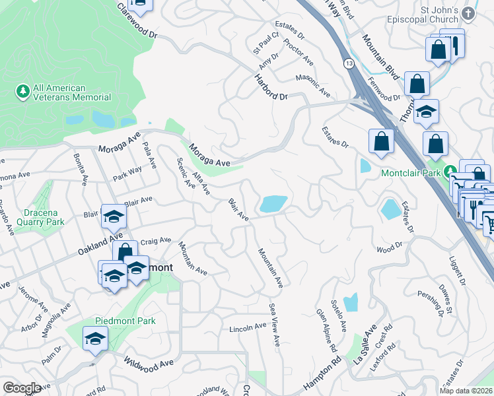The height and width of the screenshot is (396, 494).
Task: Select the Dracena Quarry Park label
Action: pos(33,218)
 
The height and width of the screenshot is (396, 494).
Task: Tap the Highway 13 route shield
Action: pos(347,63)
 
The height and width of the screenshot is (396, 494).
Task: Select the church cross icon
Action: pos(468,14)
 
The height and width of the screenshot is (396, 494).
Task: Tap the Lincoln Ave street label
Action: pos(247,327)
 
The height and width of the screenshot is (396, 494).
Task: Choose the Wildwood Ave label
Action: pos(149,362)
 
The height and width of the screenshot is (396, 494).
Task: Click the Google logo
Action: pos(22,388)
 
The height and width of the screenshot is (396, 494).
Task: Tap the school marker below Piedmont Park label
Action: pos(95,339)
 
